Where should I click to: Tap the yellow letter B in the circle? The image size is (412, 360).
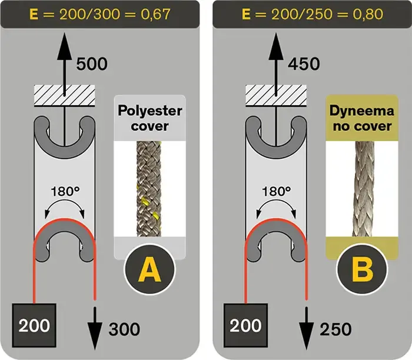coord(361,271)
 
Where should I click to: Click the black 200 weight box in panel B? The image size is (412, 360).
coord(245,324)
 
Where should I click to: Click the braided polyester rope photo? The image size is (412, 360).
coord(149,188)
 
